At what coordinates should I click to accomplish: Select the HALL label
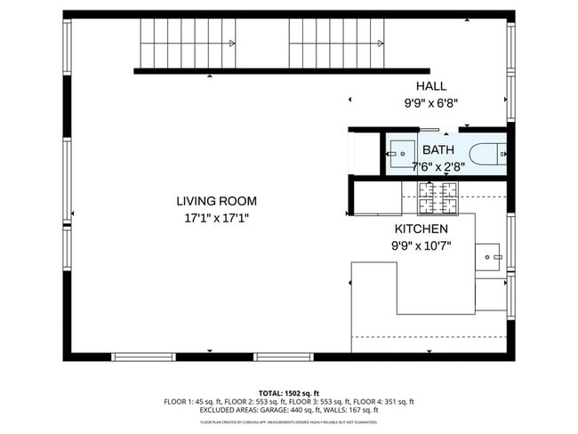tap(431, 86)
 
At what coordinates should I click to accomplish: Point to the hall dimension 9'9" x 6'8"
tap(431, 102)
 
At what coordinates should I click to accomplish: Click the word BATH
tap(438, 150)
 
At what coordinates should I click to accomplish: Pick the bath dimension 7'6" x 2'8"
tap(438, 165)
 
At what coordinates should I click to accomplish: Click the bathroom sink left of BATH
tap(398, 152)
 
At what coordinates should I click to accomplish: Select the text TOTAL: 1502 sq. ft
tap(289, 392)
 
